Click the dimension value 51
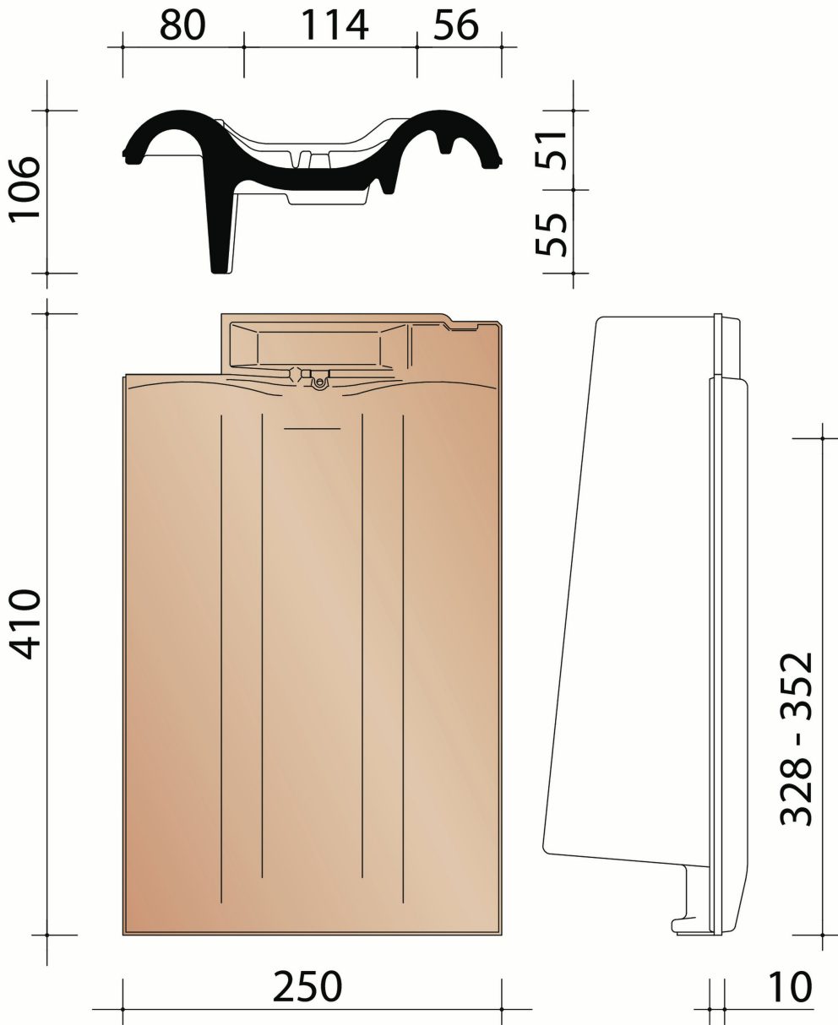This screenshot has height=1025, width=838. (x=553, y=149)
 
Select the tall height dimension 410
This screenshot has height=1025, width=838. (x=24, y=624)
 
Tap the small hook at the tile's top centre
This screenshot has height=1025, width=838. (x=318, y=382)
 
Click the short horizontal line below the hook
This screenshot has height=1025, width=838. (x=312, y=429)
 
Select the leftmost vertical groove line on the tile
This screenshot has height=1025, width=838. (x=221, y=659)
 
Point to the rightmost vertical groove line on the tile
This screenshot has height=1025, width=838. (x=404, y=659)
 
